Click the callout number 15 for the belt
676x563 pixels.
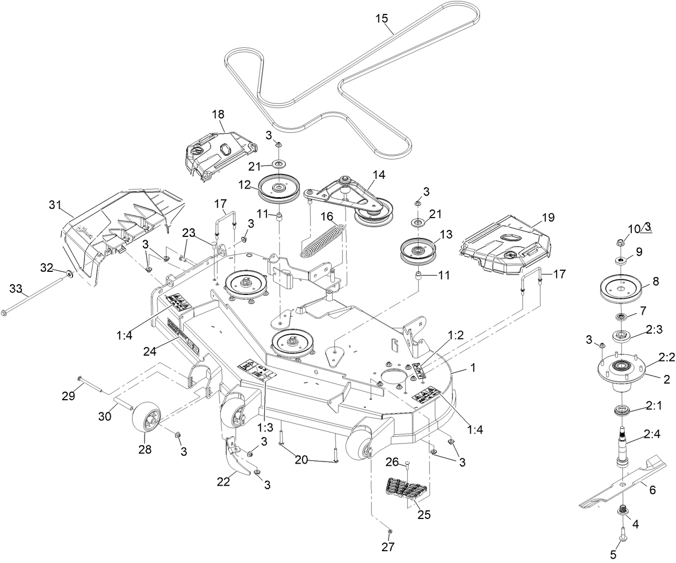pos(381,18)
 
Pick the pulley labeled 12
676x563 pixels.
pos(279,189)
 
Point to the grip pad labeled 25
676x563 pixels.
pos(406,490)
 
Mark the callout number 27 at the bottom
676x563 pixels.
pos(387,547)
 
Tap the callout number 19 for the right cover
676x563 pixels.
pos(548,218)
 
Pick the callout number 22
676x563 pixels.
pos(223,481)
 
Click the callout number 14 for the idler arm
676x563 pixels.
pos(379,174)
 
